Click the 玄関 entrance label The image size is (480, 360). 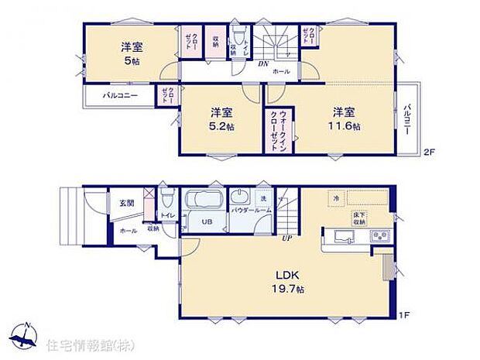126,203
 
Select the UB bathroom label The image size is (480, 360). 207,222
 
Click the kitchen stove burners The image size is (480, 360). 380,235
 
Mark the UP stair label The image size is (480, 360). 286,238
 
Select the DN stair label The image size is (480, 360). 262,65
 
